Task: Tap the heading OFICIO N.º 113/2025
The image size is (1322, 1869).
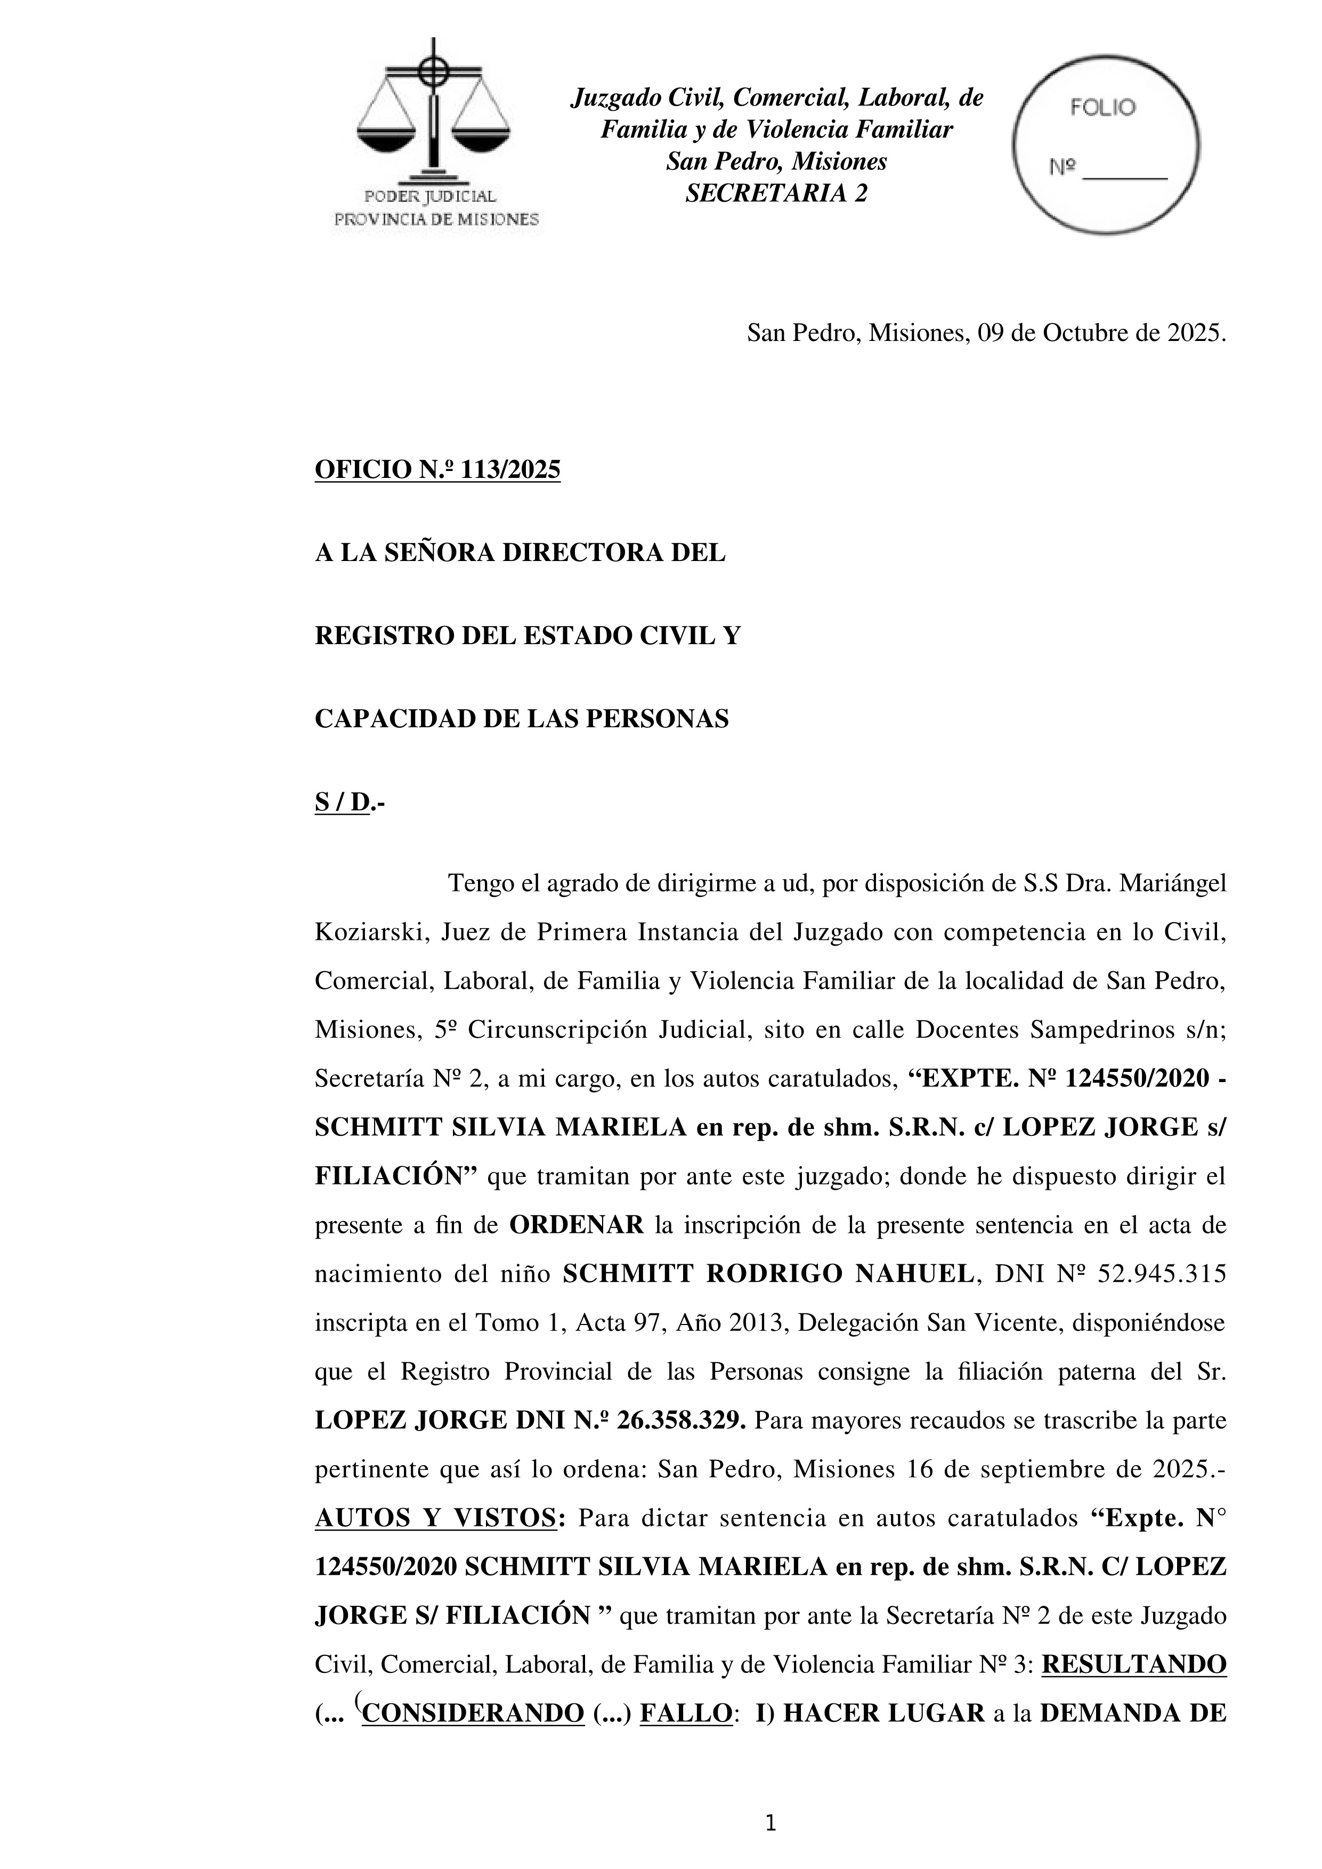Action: [437, 470]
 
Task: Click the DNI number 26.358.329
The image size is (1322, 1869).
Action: [680, 1420]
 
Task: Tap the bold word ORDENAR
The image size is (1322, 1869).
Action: [577, 1225]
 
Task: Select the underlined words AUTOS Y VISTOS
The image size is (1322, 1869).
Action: [435, 1518]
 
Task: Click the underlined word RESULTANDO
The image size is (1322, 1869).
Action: [1133, 1665]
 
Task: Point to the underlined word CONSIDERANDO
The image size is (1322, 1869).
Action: [473, 1713]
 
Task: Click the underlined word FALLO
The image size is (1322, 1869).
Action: [685, 1713]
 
